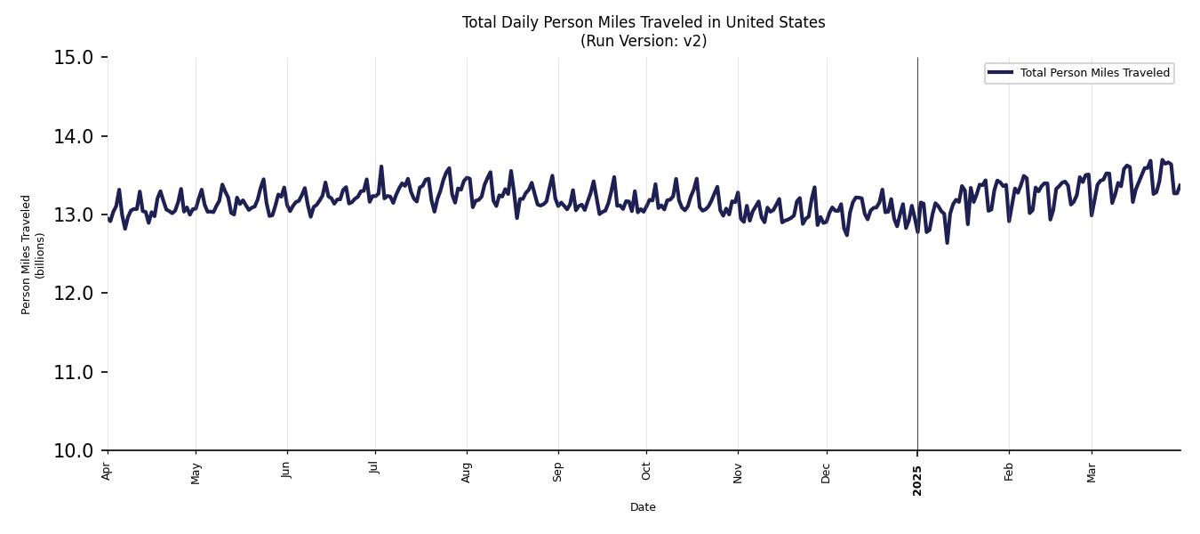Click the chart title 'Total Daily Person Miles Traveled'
point(643,22)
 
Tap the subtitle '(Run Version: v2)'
point(643,41)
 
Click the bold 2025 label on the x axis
point(917,481)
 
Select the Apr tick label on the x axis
point(107,472)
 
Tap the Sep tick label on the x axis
point(558,472)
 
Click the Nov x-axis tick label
point(738,472)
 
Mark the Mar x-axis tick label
point(1092,472)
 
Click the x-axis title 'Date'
point(643,507)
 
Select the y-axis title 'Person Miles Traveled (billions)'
point(33,255)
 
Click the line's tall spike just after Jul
point(381,166)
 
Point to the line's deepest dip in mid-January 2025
point(947,242)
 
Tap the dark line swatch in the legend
point(1000,73)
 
